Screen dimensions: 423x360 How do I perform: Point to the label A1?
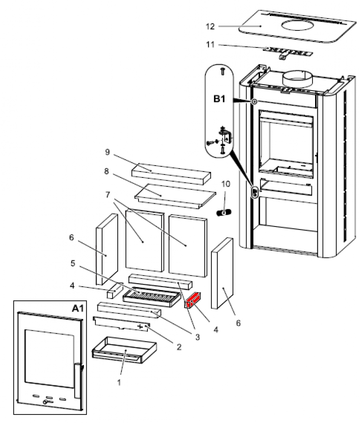click(x=76, y=309)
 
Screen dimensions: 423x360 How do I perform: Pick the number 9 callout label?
click(x=107, y=151)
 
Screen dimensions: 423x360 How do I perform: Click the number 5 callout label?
click(x=73, y=263)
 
